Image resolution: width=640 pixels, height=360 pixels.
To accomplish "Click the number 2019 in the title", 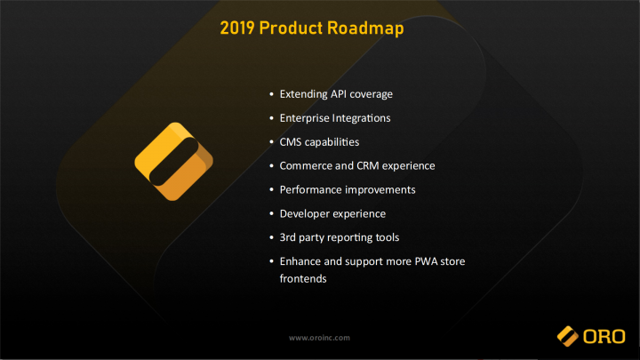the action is click(237, 28).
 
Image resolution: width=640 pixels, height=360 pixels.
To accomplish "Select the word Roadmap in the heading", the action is click(365, 29).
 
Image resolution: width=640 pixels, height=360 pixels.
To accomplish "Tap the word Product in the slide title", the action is click(291, 28).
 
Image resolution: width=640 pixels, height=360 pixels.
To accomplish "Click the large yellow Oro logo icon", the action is click(174, 162).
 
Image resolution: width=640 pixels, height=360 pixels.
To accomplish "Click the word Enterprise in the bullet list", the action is click(304, 118).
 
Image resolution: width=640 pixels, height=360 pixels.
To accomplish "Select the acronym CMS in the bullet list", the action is click(290, 142).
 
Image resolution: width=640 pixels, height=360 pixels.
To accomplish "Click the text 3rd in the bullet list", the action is click(287, 237).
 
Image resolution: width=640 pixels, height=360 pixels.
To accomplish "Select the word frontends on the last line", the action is click(303, 279).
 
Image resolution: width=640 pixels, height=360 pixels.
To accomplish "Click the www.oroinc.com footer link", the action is click(319, 338).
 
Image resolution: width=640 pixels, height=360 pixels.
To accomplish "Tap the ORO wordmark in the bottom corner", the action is click(604, 337).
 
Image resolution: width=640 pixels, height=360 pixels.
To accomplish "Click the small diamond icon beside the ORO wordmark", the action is click(568, 336).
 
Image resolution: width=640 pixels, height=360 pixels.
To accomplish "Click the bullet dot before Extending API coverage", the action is click(272, 94).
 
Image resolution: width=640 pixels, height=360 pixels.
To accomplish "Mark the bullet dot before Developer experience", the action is click(272, 214).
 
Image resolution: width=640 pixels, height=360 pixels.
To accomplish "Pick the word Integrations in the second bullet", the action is click(361, 118).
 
